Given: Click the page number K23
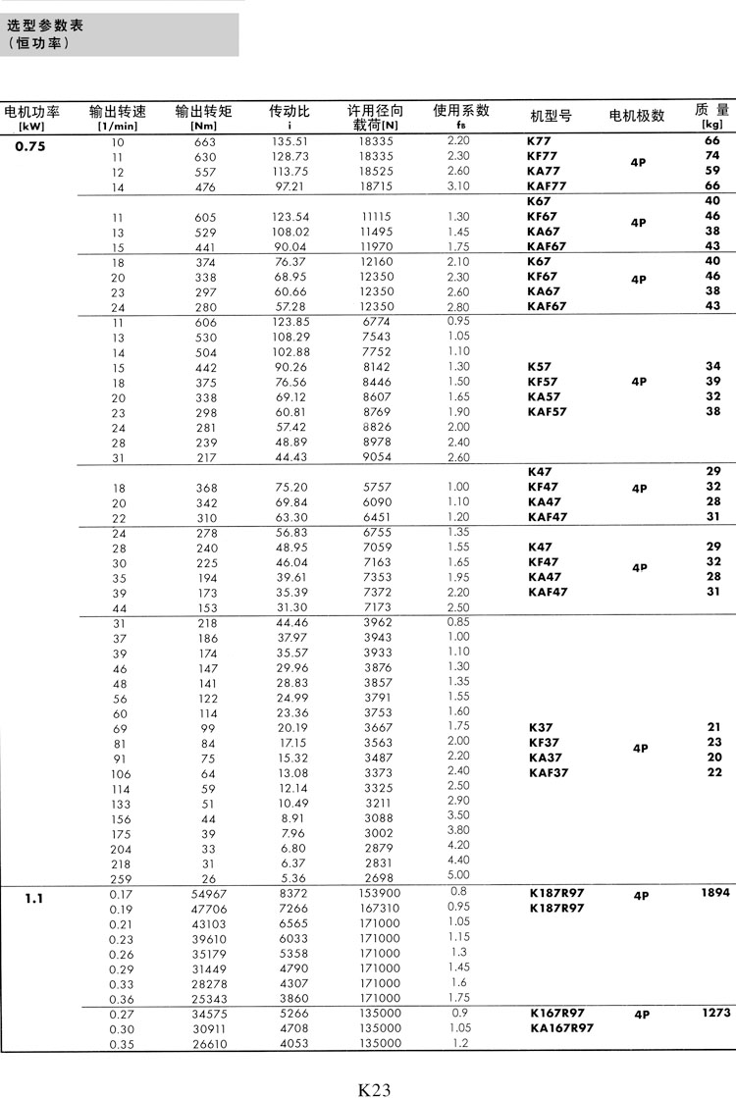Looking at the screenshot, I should tap(375, 1062).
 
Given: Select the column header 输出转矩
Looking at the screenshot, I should tap(204, 112).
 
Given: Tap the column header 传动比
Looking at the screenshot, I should tap(289, 112).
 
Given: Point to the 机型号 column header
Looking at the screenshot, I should tap(551, 116).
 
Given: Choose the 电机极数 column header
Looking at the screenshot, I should tap(637, 116).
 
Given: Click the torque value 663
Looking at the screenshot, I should tap(205, 141).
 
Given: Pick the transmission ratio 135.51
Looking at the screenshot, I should tap(289, 141).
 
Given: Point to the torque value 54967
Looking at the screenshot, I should tap(205, 893).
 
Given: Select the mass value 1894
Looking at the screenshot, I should tap(715, 893).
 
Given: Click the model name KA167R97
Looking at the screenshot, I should tap(562, 1027).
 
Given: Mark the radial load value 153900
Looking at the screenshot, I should tap(375, 893).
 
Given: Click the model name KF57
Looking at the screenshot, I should tap(543, 381).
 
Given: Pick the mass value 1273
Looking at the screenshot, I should tap(716, 1013).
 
